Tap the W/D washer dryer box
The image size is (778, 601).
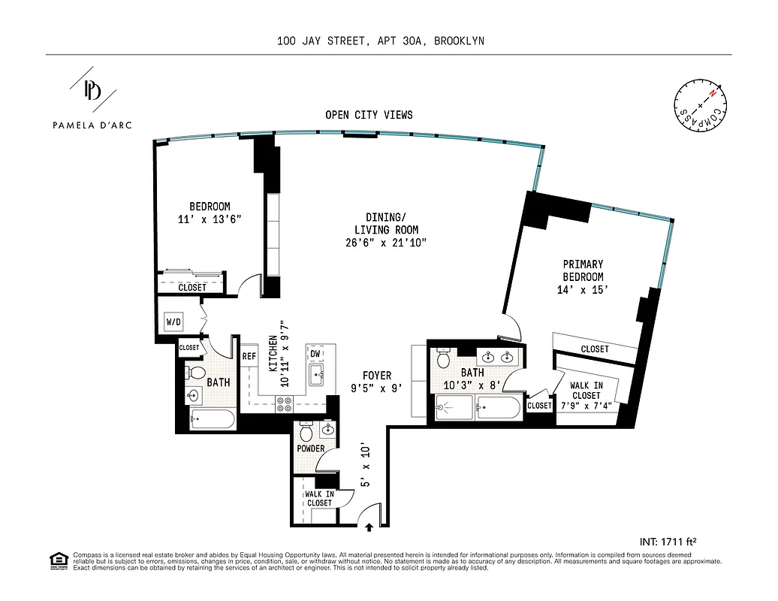click(173, 322)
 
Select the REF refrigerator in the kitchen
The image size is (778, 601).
click(249, 358)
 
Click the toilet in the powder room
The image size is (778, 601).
click(306, 433)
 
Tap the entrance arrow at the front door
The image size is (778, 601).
click(369, 527)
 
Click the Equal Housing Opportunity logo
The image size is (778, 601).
click(58, 560)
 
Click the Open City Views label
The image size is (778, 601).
click(369, 115)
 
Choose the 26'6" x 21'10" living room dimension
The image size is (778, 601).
click(387, 243)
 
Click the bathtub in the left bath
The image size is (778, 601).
click(213, 418)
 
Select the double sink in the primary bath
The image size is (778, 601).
click(499, 357)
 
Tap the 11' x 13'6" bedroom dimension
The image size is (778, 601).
click(210, 219)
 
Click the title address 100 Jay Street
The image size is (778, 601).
click(379, 41)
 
